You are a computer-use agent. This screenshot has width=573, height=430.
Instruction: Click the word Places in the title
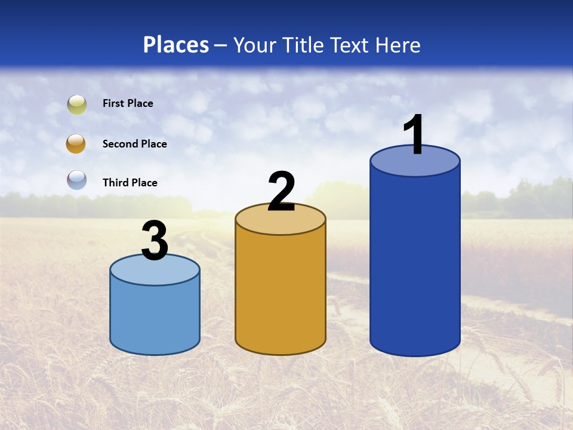pyautogui.click(x=176, y=45)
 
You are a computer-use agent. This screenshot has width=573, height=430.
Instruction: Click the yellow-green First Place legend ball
pyautogui.click(x=77, y=104)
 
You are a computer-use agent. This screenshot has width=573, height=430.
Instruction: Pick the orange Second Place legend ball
pyautogui.click(x=76, y=144)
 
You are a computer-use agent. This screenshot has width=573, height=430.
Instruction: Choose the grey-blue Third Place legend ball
pyautogui.click(x=77, y=180)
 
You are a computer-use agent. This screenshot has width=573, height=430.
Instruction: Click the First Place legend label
pyautogui.click(x=128, y=103)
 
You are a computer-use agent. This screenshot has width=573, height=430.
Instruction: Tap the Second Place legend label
pyautogui.click(x=134, y=144)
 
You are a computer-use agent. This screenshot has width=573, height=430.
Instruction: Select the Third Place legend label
pyautogui.click(x=130, y=183)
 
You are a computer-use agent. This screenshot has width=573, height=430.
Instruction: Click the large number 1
pyautogui.click(x=414, y=134)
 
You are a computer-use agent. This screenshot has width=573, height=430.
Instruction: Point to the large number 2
pyautogui.click(x=281, y=191)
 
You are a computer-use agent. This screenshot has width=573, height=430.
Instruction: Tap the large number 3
pyautogui.click(x=155, y=240)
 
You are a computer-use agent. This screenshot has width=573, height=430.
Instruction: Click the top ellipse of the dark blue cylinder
pyautogui.click(x=415, y=166)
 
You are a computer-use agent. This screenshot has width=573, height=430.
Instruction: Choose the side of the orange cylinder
pyautogui.click(x=281, y=293)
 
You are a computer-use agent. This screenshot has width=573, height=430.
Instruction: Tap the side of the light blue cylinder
pyautogui.click(x=155, y=317)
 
